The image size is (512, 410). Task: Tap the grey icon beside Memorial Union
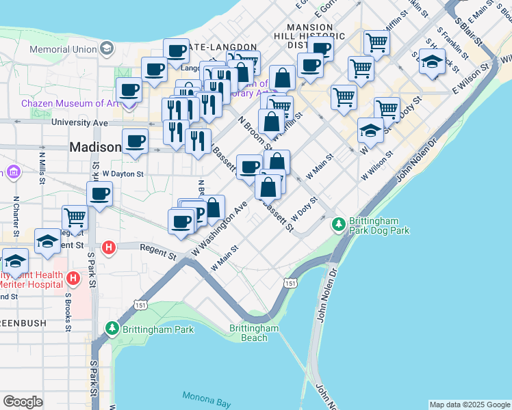point(107,49)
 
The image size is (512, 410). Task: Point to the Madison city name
point(94,147)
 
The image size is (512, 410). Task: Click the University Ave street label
point(80,123)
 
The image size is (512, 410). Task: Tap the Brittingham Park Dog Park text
point(379,226)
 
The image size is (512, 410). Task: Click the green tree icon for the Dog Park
point(337,224)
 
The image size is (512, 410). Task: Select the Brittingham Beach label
point(254,333)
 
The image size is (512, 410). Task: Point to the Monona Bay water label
point(207,400)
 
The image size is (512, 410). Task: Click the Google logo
point(23,402)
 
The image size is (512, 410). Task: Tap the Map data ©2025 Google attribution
point(469,405)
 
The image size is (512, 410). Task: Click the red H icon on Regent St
point(108,247)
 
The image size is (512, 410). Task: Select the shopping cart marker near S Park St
point(75,218)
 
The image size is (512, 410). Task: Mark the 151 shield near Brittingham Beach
point(291,283)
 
